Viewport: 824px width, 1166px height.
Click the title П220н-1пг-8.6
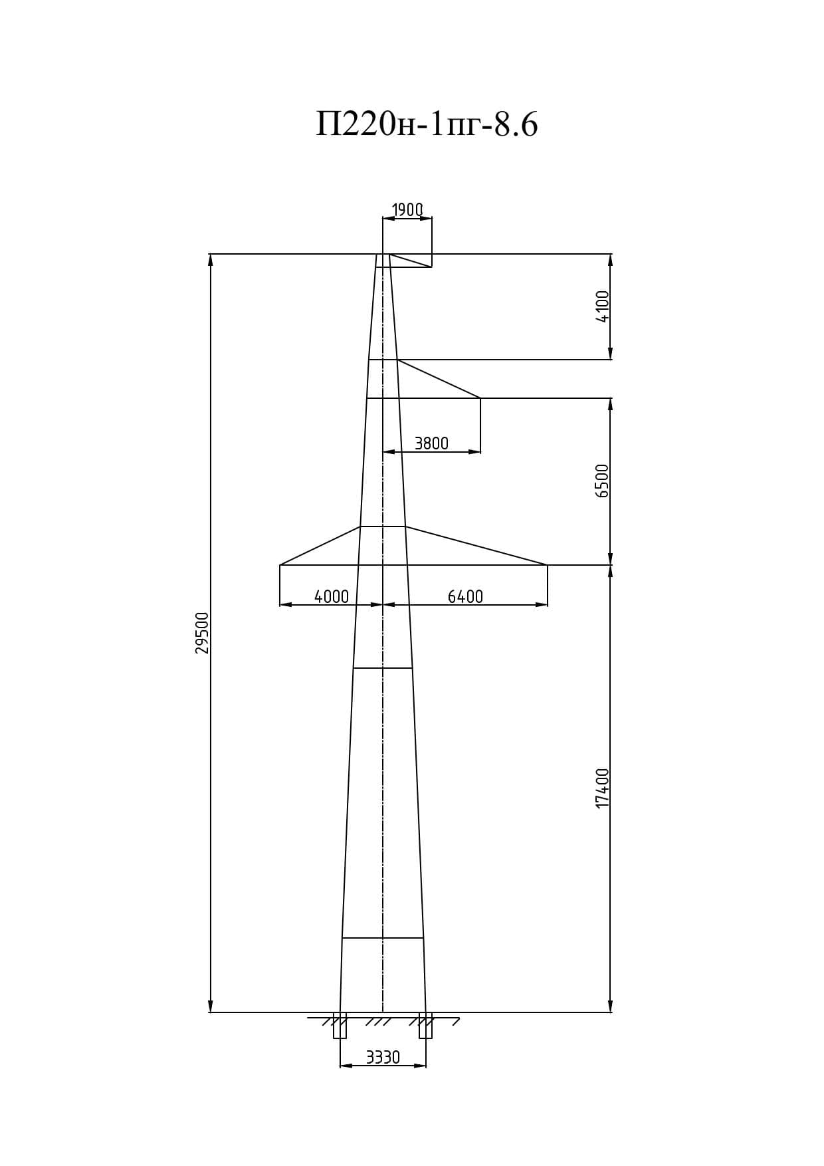(427, 124)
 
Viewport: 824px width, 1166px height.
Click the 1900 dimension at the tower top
(407, 210)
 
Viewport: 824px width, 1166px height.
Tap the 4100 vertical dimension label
(603, 306)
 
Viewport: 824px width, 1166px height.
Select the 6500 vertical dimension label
(603, 481)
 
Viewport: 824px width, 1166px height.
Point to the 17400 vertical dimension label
(603, 788)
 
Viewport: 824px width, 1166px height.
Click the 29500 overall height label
(202, 633)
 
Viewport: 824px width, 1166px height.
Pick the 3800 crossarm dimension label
(432, 443)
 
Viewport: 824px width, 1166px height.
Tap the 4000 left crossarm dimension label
(332, 597)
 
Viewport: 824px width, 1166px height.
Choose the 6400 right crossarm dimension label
(465, 597)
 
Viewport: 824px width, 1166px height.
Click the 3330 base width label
(383, 1058)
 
